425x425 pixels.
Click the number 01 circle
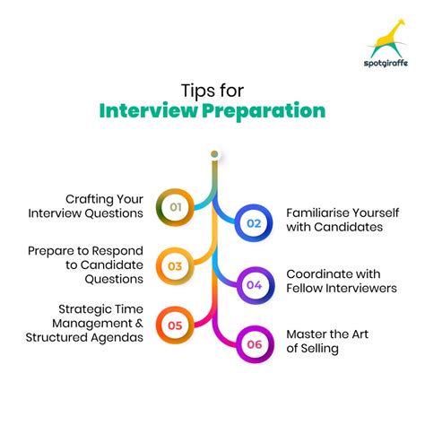coord(177,207)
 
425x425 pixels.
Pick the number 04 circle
coord(253,284)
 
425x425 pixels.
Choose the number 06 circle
coord(253,342)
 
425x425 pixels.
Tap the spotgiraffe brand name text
coord(386,65)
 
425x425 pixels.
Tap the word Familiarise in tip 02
coord(320,212)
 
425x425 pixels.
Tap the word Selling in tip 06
coord(319,348)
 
